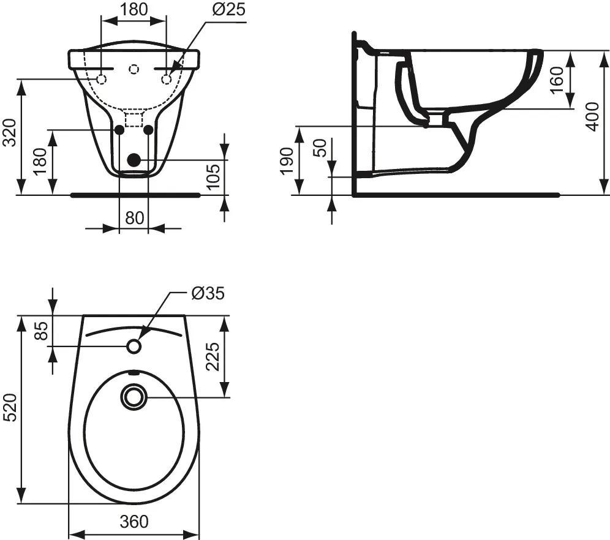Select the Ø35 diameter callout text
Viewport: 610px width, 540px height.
[x=208, y=293]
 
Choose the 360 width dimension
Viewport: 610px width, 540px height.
[x=134, y=521]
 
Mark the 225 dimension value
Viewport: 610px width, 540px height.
[x=212, y=356]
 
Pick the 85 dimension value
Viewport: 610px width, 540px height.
[x=41, y=331]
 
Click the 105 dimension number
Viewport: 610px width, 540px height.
[x=213, y=178]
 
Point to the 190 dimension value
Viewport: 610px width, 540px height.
[x=287, y=161]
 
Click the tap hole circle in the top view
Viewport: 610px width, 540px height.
[x=134, y=347]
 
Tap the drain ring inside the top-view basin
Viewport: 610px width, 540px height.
[x=134, y=396]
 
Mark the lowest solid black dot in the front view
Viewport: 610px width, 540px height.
[x=133, y=160]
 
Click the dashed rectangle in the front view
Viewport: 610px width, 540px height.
[x=133, y=118]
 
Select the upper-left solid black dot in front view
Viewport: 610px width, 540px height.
[x=119, y=130]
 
